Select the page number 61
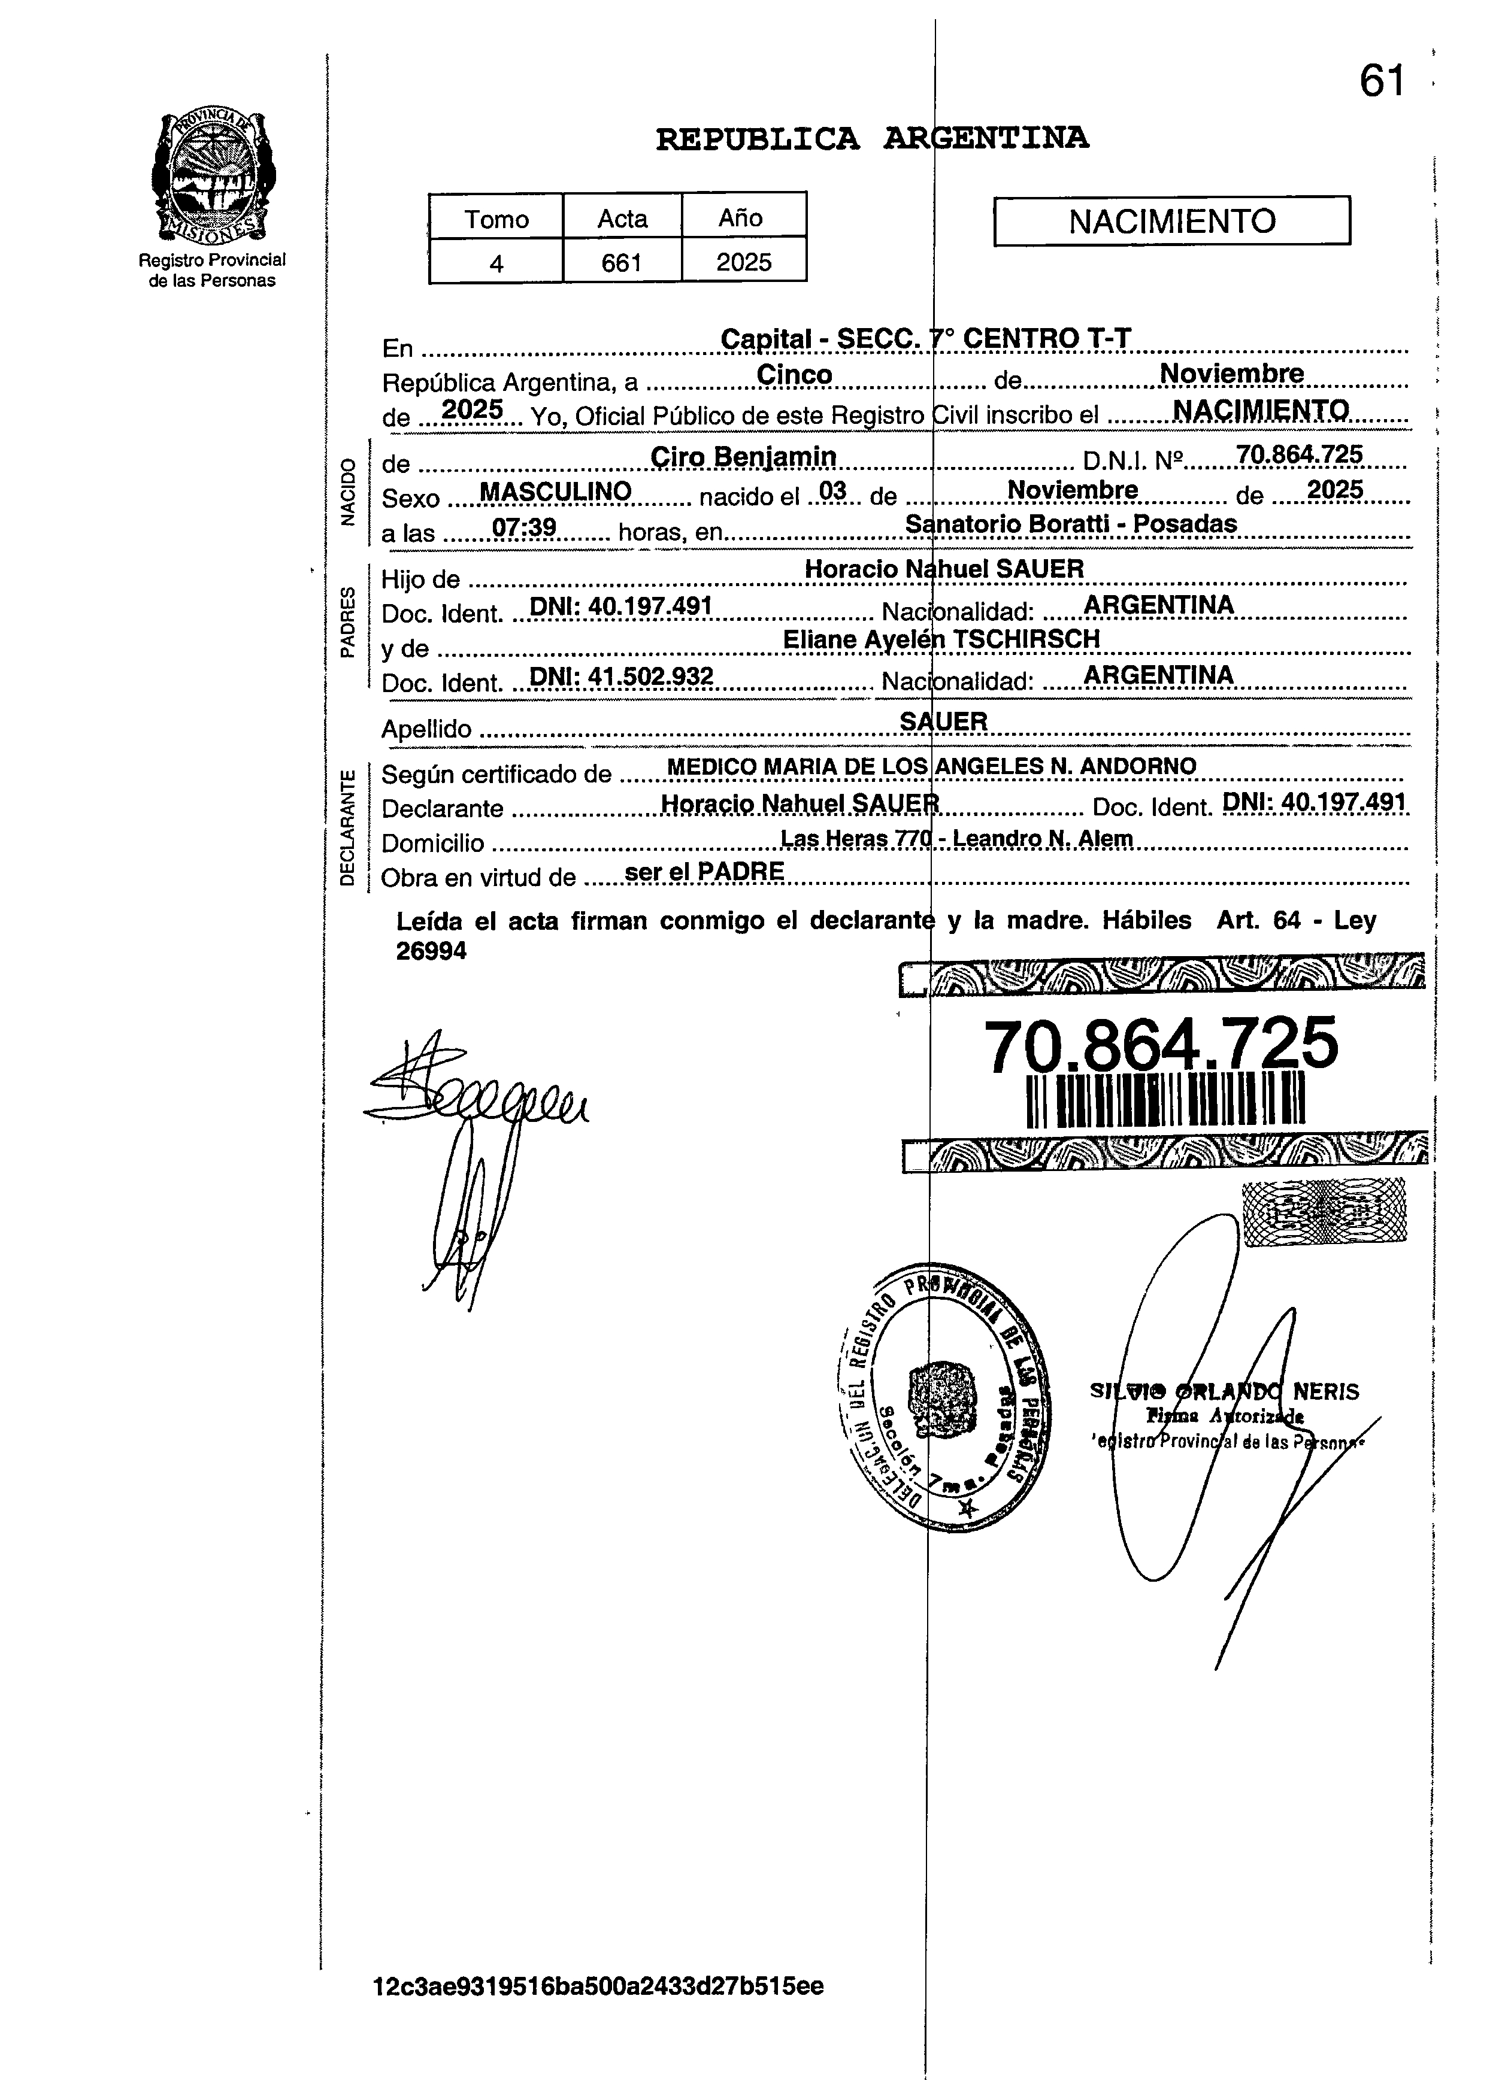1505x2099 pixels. tap(1382, 81)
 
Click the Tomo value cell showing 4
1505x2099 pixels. tap(496, 263)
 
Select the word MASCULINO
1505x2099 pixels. tap(555, 492)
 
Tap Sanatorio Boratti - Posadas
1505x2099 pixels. tap(1070, 524)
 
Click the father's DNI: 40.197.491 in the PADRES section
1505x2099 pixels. tap(619, 606)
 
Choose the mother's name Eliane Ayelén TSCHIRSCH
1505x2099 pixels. tap(940, 639)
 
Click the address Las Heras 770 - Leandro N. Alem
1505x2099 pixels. tap(956, 839)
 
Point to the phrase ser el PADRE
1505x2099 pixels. tap(704, 871)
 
